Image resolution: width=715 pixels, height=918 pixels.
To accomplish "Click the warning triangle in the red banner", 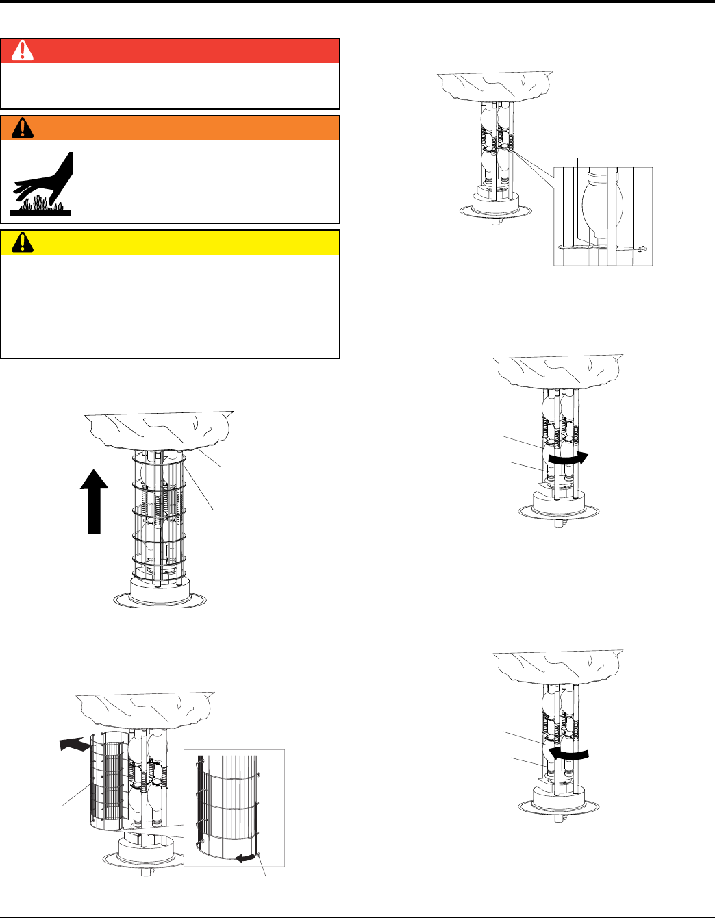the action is tap(22, 51).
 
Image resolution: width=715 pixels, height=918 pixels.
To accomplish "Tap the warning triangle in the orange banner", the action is tap(22, 128).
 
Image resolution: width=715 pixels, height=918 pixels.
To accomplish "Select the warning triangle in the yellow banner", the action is tap(22, 242).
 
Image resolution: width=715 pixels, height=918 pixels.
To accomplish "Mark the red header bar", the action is tap(171, 51).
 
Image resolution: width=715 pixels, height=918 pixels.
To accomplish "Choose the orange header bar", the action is tap(171, 128).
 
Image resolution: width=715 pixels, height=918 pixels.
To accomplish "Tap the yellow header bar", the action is tap(171, 242).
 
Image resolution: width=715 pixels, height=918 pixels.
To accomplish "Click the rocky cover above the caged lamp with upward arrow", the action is tap(159, 429).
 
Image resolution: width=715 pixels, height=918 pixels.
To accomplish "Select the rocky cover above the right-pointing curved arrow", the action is tap(558, 371).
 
